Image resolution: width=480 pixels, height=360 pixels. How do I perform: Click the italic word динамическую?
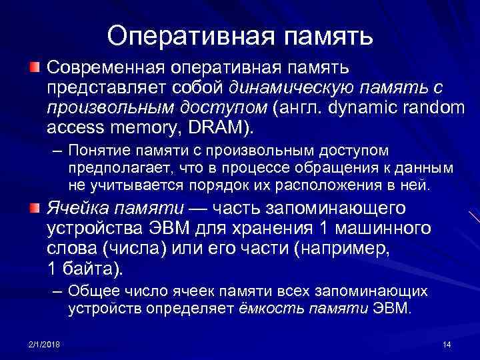point(291,87)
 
